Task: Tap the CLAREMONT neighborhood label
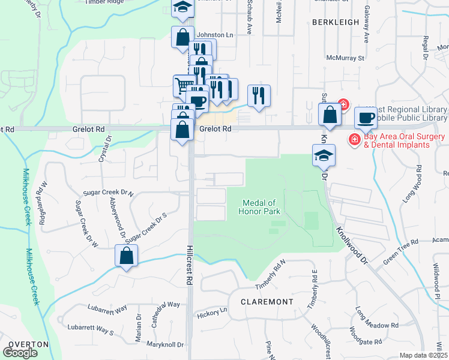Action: click(x=267, y=302)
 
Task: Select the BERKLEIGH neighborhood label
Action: click(x=334, y=22)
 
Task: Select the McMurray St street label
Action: click(x=345, y=58)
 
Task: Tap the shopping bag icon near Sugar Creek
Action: click(x=127, y=256)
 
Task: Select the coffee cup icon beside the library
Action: click(x=365, y=118)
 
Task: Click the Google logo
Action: click(x=20, y=353)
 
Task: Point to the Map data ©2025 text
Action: click(x=424, y=355)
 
